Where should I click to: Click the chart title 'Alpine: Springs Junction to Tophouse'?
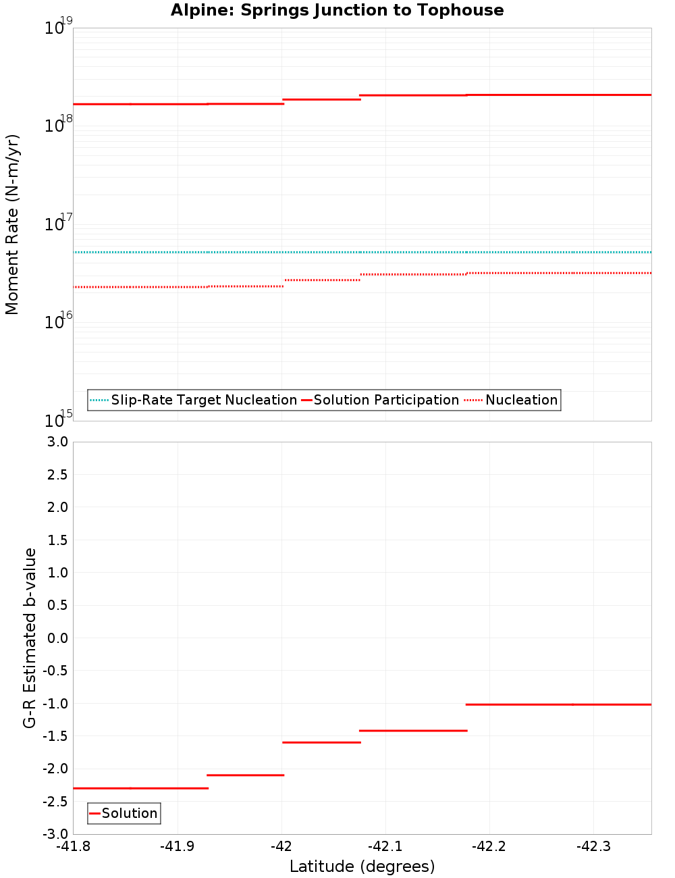pyautogui.click(x=337, y=10)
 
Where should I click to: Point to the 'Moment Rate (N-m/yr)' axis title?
pyautogui.click(x=12, y=224)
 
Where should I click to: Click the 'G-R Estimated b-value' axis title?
pyautogui.click(x=30, y=638)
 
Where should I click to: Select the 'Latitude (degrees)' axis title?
pyautogui.click(x=362, y=867)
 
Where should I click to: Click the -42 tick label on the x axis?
pyautogui.click(x=281, y=846)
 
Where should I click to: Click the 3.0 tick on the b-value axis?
pyautogui.click(x=55, y=442)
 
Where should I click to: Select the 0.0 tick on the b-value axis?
pyautogui.click(x=55, y=638)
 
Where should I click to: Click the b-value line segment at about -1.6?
pyautogui.click(x=321, y=742)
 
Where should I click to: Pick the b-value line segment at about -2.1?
pyautogui.click(x=245, y=775)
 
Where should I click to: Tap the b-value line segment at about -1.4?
pyautogui.click(x=413, y=730)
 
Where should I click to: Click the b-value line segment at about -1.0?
pyautogui.click(x=558, y=704)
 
